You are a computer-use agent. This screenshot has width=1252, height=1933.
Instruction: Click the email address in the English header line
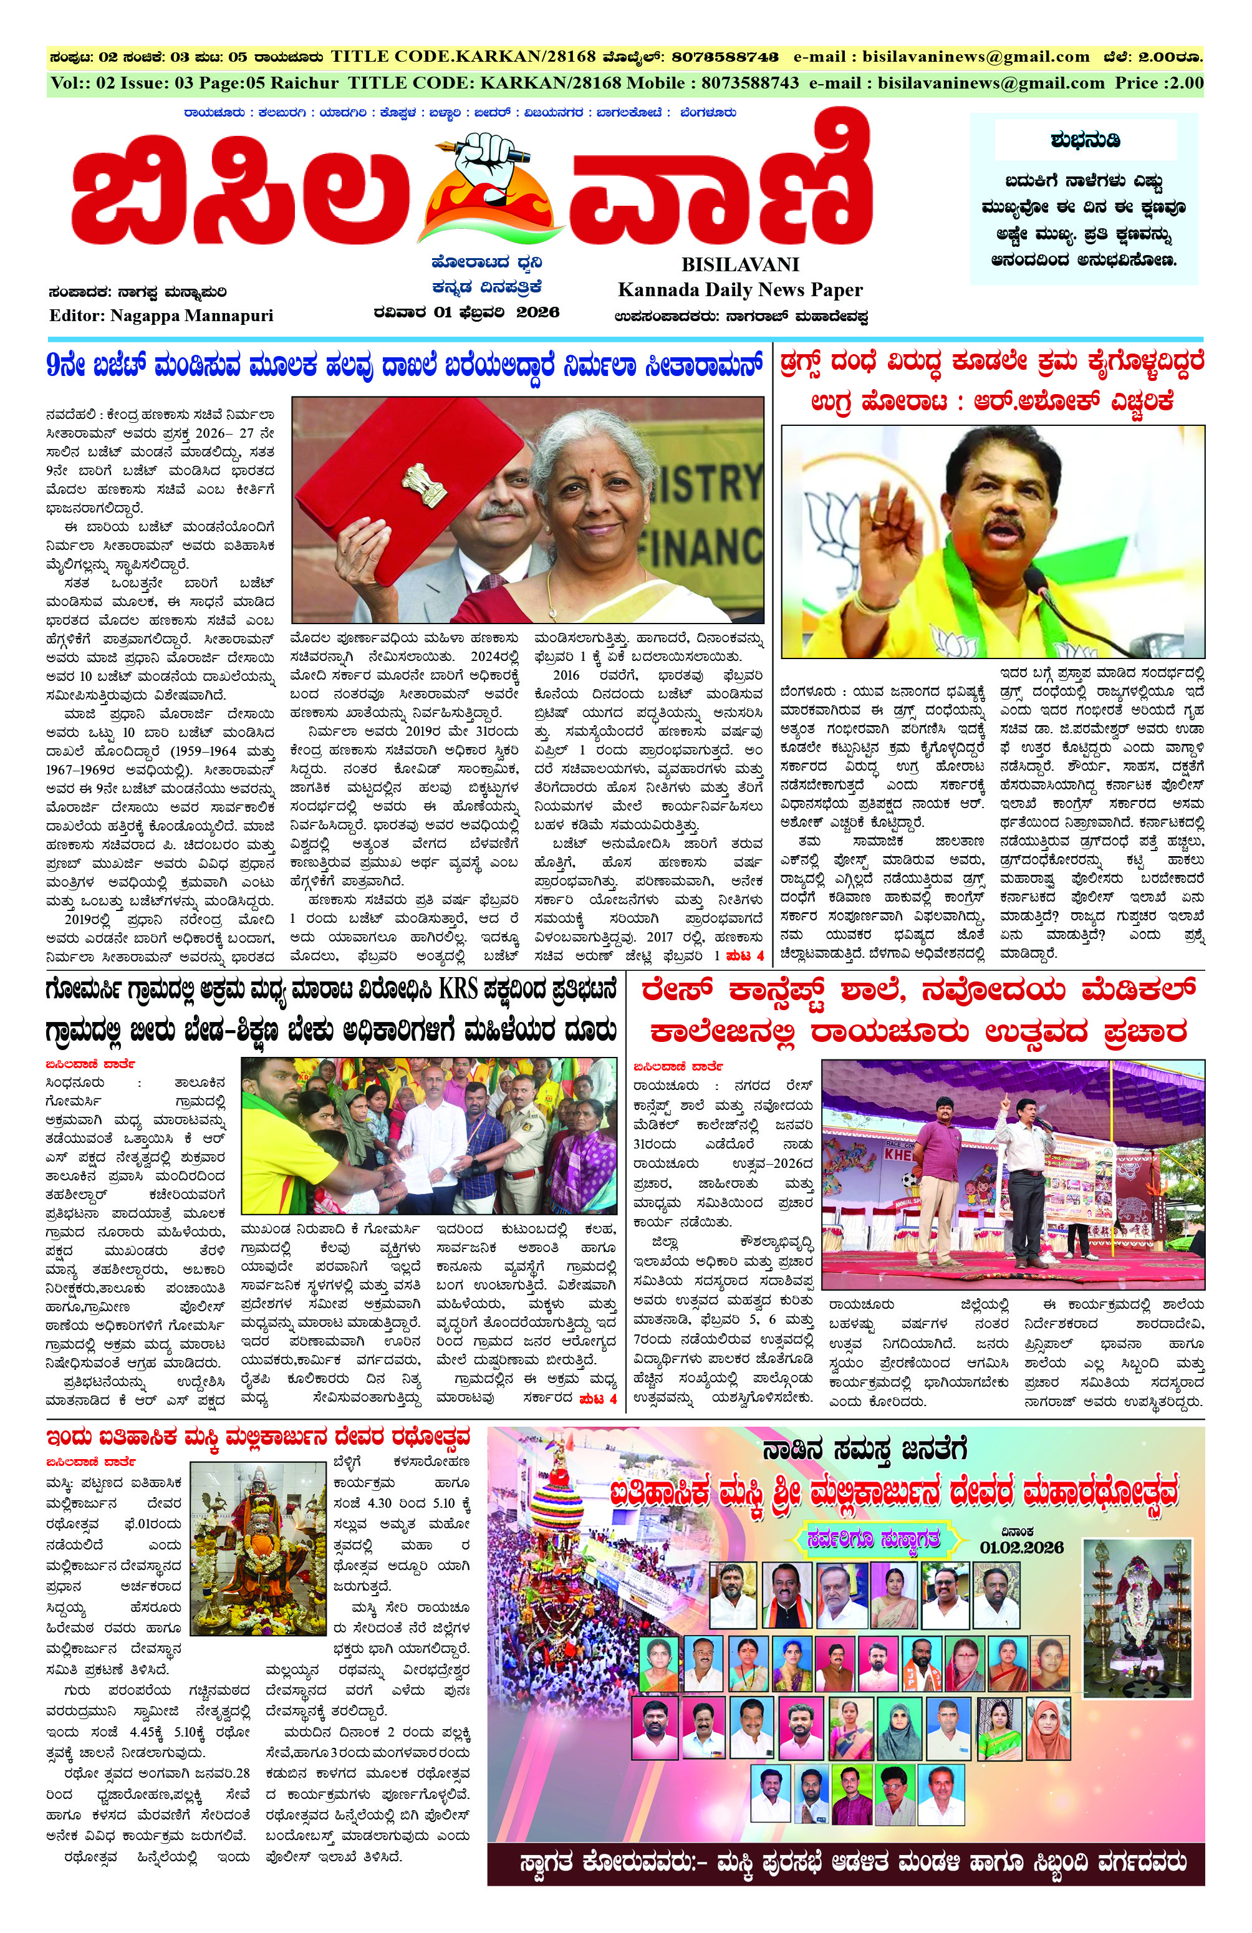coord(989,83)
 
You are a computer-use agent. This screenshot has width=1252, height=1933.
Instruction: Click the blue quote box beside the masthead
coord(1083,199)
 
